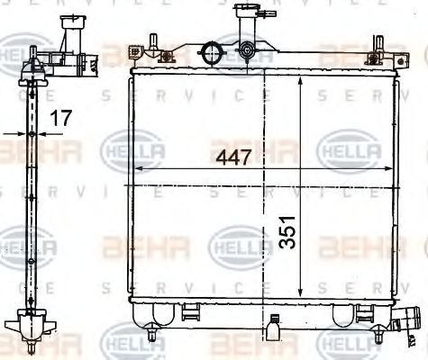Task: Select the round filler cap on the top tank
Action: tap(214, 50)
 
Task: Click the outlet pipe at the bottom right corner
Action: tap(411, 320)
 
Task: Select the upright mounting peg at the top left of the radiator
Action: tap(151, 42)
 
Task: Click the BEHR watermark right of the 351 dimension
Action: tap(351, 245)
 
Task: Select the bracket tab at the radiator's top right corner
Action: tap(394, 56)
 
